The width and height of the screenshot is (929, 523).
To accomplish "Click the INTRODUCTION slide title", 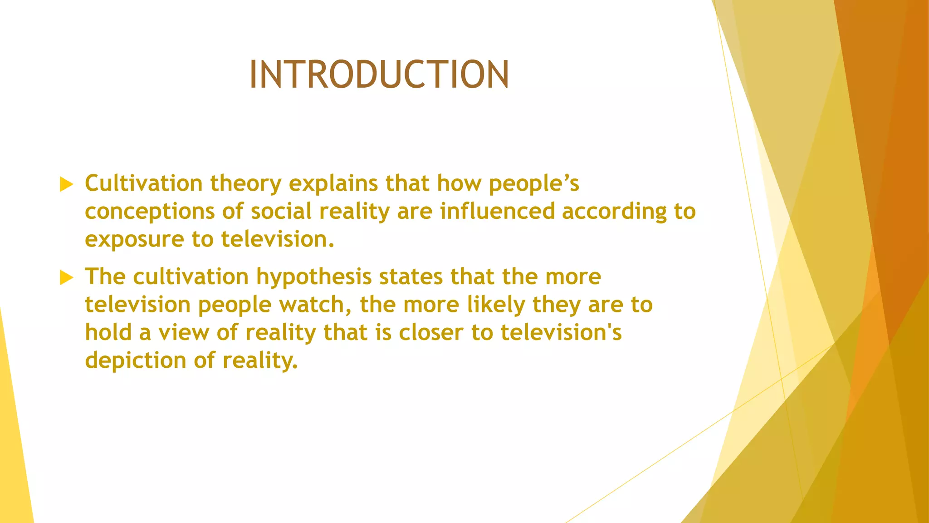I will pos(379,74).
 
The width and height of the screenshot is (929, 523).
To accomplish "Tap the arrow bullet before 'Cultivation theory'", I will pos(66,184).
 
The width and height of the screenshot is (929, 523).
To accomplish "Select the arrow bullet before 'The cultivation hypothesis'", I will pos(66,277).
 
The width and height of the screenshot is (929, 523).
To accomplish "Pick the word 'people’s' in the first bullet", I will pos(534,184).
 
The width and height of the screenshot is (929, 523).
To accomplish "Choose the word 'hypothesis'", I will pos(314,277).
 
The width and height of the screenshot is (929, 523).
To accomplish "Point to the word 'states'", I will pos(411,277).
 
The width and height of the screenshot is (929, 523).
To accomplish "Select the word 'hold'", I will pos(108,332).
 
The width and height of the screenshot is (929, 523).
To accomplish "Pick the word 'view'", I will pos(183,333).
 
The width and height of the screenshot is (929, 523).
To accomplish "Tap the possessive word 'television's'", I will pos(561,333).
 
